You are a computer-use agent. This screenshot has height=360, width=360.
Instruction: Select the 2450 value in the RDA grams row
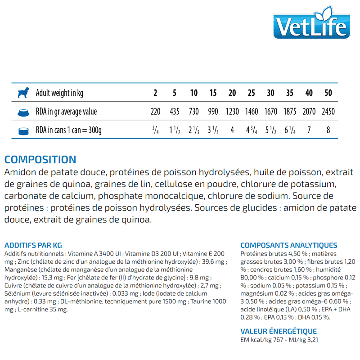click(328, 112)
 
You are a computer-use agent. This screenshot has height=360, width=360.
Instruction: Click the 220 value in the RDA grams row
click(155, 112)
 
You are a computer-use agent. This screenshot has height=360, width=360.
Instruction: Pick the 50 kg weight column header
click(328, 93)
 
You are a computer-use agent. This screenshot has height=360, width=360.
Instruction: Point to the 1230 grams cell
click(232, 112)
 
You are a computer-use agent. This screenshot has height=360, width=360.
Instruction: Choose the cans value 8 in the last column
click(328, 131)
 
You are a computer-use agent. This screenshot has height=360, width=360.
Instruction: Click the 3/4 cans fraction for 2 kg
click(155, 131)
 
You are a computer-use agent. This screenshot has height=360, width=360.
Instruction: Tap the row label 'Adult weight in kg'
click(59, 93)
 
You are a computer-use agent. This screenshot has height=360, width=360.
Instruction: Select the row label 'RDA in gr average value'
click(66, 112)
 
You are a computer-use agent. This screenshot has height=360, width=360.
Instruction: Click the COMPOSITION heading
click(40, 160)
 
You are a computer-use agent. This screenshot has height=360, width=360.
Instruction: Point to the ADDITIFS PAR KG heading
click(33, 245)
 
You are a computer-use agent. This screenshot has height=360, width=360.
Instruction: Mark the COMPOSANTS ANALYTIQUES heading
click(288, 245)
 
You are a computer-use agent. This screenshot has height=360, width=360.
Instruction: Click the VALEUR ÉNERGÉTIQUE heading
click(279, 331)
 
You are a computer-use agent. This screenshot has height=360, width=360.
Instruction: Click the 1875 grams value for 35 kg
click(290, 112)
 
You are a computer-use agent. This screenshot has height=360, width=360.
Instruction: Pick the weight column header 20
click(232, 93)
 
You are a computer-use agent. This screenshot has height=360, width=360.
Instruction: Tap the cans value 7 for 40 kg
click(309, 131)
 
